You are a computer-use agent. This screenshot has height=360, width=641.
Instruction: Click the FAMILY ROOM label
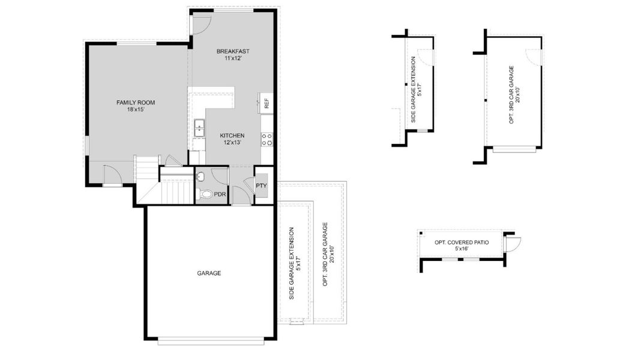pyautogui.click(x=136, y=103)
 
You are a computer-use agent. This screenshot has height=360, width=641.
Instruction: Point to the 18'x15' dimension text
pyautogui.click(x=136, y=110)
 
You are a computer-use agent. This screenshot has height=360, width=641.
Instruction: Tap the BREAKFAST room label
pyautogui.click(x=233, y=52)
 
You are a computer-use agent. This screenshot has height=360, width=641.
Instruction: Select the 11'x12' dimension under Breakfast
pyautogui.click(x=233, y=58)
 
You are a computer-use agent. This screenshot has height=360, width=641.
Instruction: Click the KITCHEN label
pyautogui.click(x=232, y=136)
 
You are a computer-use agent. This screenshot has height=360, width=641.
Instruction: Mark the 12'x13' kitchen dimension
pyautogui.click(x=232, y=143)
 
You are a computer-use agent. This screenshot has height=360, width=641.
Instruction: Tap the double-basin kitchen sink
pyautogui.click(x=199, y=128)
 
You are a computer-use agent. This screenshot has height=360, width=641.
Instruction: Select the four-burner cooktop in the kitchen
pyautogui.click(x=267, y=139)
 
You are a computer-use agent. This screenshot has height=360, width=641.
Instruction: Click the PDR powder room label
pyautogui.click(x=220, y=194)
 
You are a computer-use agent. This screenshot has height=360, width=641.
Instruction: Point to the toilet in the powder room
pyautogui.click(x=206, y=194)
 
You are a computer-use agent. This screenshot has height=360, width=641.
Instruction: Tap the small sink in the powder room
pyautogui.click(x=200, y=177)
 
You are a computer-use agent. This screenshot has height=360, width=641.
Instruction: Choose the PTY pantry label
pyautogui.click(x=261, y=185)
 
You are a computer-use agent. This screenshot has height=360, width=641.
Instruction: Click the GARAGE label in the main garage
pyautogui.click(x=209, y=273)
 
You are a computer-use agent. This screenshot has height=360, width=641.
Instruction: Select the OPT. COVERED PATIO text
pyautogui.click(x=462, y=242)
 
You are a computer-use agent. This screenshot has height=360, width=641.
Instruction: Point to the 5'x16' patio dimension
pyautogui.click(x=462, y=248)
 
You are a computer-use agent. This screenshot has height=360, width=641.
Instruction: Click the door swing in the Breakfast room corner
pyautogui.click(x=202, y=25)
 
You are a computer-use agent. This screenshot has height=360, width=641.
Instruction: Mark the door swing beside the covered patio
pyautogui.click(x=513, y=244)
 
